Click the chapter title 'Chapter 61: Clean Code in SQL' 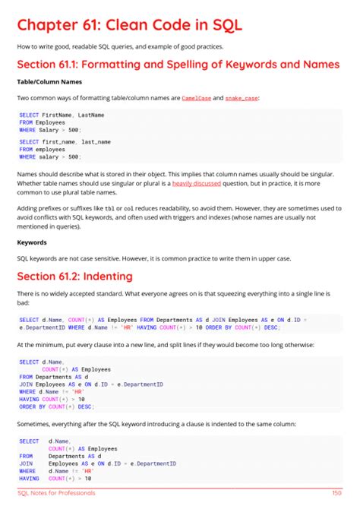[x=129, y=25]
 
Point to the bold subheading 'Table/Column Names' [x=46, y=81]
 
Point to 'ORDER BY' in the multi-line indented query [x=33, y=406]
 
